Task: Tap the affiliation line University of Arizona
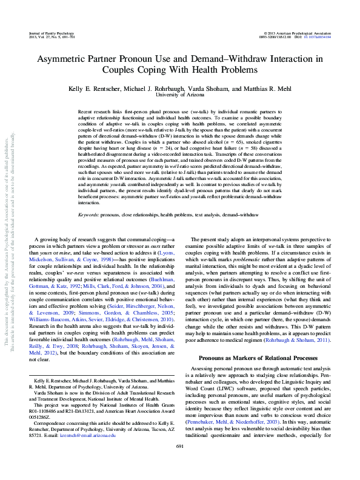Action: [179, 95]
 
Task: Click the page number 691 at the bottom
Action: [179, 462]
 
